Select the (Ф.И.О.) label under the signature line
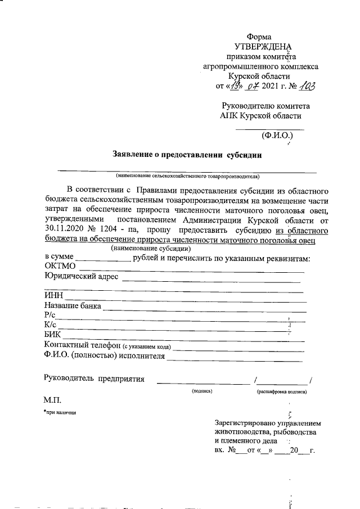click(277, 135)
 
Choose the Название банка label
click(73, 306)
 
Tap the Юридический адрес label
click(81, 276)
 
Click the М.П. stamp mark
click(52, 400)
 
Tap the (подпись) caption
click(201, 390)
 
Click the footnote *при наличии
click(60, 413)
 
